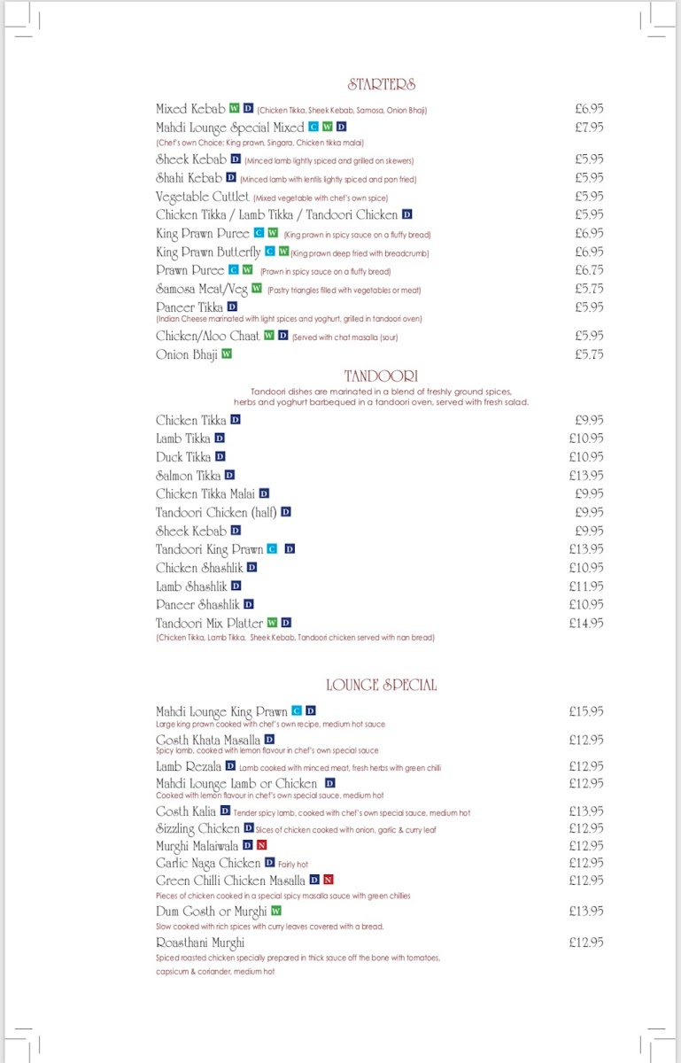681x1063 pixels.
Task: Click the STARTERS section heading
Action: [382, 85]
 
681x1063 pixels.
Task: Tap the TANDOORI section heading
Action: [381, 376]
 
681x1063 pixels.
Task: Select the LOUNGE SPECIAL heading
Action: [381, 685]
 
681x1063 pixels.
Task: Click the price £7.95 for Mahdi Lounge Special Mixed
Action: [589, 128]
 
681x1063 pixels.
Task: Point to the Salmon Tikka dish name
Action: [189, 476]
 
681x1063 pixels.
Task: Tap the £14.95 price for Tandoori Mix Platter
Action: [586, 624]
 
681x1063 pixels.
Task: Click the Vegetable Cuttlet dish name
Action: [203, 197]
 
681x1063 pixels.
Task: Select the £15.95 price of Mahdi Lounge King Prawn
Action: [586, 711]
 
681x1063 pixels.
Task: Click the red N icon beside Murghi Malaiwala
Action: [262, 846]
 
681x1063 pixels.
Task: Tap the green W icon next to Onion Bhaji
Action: [227, 354]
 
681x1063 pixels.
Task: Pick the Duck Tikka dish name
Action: [183, 457]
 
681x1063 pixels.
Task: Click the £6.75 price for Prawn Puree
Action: [589, 270]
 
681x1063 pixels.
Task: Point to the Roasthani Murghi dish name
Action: [200, 943]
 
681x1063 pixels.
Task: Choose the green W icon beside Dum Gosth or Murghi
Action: [276, 911]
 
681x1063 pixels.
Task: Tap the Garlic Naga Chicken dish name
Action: [208, 863]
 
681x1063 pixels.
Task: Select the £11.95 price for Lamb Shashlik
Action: [586, 586]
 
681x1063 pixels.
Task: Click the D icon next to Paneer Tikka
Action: [233, 306]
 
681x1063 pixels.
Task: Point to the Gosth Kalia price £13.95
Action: [586, 811]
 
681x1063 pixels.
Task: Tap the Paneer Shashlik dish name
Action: [198, 604]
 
